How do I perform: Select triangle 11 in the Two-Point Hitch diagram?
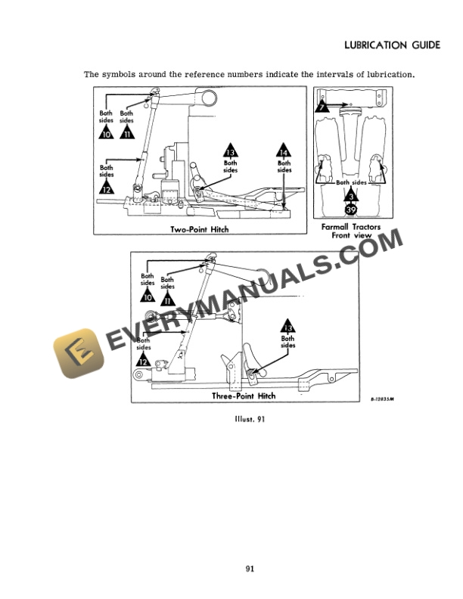coord(127,135)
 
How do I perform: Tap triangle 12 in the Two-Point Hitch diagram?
coord(107,189)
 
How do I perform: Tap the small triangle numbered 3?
coord(351,194)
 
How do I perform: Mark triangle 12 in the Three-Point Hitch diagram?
coord(143,362)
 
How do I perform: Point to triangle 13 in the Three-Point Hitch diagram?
coord(287,327)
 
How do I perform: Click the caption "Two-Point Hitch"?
coord(200,229)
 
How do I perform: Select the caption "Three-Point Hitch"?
coord(244,396)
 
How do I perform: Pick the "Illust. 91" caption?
coord(249,417)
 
